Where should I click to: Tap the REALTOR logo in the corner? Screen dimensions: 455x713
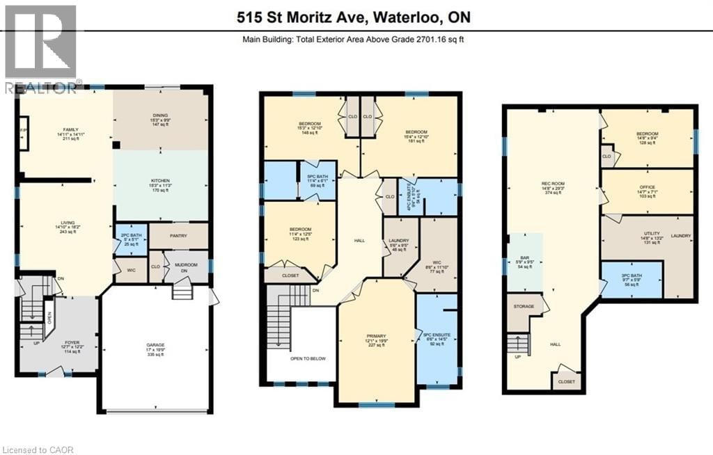(40, 49)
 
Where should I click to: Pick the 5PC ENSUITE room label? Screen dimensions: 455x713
(437, 338)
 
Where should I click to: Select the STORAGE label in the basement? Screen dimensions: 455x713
(524, 306)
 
